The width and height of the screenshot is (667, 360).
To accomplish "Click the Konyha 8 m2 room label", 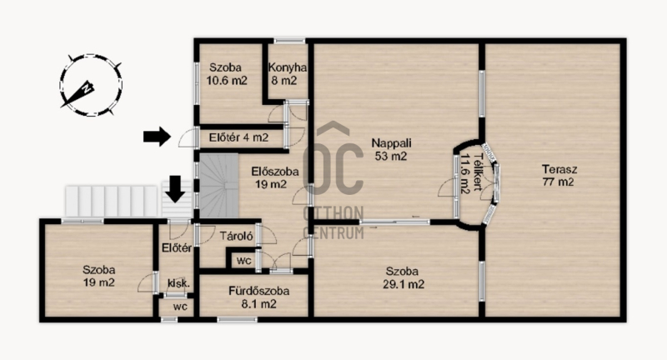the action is pyautogui.click(x=287, y=73).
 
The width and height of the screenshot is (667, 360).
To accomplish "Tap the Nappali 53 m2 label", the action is pyautogui.click(x=391, y=149).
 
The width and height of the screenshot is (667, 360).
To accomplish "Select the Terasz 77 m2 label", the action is pyautogui.click(x=559, y=176).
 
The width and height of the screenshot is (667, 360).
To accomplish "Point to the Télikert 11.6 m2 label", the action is pyautogui.click(x=471, y=173).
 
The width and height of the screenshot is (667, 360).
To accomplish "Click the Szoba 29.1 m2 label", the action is pyautogui.click(x=403, y=277).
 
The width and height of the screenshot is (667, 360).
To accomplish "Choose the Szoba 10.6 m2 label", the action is pyautogui.click(x=226, y=73).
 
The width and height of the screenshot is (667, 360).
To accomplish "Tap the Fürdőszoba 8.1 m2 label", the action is pyautogui.click(x=258, y=297).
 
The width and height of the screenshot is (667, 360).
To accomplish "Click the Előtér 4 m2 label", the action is pyautogui.click(x=238, y=137).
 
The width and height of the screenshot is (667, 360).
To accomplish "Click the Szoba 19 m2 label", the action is pyautogui.click(x=98, y=276).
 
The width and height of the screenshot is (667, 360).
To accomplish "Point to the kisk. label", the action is pyautogui.click(x=178, y=283).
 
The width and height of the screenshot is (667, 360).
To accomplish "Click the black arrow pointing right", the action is pyautogui.click(x=157, y=136).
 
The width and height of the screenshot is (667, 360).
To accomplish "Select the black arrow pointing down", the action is pyautogui.click(x=175, y=188).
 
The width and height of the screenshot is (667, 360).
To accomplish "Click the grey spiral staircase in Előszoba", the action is pyautogui.click(x=218, y=186).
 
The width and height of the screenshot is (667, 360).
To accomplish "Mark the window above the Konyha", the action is pyautogui.click(x=289, y=41).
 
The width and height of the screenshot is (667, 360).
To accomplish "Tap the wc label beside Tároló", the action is pyautogui.click(x=243, y=261).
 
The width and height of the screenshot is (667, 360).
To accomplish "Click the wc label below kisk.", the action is pyautogui.click(x=180, y=307).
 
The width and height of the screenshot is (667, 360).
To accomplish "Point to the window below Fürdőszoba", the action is pyautogui.click(x=238, y=319).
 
